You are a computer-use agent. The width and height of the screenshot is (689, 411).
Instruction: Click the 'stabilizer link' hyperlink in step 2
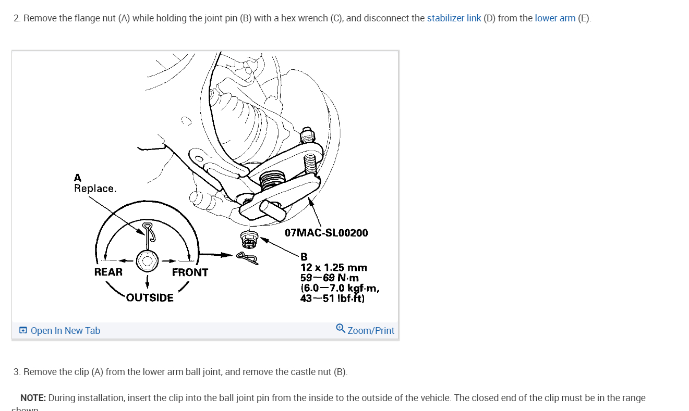454,18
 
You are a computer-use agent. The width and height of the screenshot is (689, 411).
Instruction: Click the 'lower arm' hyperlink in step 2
555,18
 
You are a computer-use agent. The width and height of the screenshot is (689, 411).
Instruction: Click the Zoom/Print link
371,331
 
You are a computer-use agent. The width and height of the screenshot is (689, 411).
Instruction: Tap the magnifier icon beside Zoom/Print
340,328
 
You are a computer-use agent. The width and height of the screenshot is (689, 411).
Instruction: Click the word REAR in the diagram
108,272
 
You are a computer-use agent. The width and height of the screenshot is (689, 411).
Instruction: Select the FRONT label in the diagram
190,272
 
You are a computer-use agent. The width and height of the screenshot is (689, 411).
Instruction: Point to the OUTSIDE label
150,298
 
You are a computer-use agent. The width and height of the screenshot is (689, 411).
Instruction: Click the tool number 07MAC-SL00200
327,233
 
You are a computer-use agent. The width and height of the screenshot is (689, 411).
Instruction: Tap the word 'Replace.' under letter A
95,189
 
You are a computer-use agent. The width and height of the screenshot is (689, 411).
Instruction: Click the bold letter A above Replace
78,178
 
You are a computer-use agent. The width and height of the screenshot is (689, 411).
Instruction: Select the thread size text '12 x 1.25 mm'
333,268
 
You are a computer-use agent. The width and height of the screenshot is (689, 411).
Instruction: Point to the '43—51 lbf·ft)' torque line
332,298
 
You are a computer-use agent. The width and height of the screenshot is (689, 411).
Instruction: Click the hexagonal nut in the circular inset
148,260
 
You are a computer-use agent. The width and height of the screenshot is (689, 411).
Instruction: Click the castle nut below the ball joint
250,239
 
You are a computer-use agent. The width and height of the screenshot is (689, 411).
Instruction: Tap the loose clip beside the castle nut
248,256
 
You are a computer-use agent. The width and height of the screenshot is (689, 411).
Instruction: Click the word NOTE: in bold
33,398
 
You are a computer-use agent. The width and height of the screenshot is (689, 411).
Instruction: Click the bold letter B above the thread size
304,257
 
